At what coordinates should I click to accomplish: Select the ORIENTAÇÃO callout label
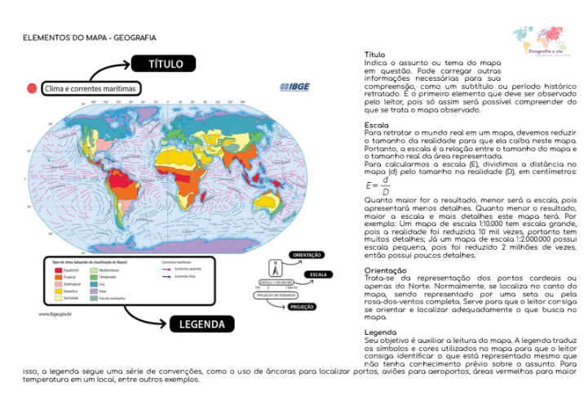tap(307, 255)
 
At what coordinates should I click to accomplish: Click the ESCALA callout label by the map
tap(317, 274)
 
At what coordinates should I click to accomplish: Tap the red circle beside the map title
tap(32, 87)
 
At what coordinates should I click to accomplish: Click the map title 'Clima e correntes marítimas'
tap(91, 88)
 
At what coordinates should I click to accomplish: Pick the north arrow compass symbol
tap(275, 268)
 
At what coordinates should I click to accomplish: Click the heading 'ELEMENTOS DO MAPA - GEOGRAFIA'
tap(90, 38)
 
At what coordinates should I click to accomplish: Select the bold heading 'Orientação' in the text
tap(385, 269)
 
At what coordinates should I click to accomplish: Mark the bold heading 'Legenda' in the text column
tap(381, 332)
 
